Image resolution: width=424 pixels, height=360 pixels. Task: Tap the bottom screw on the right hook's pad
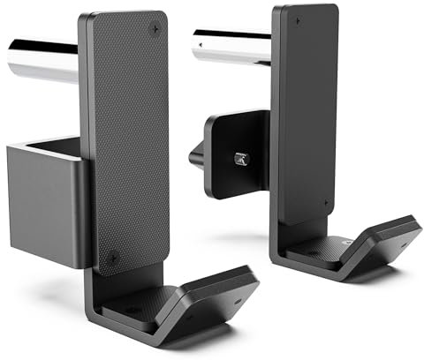[x=327, y=205]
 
